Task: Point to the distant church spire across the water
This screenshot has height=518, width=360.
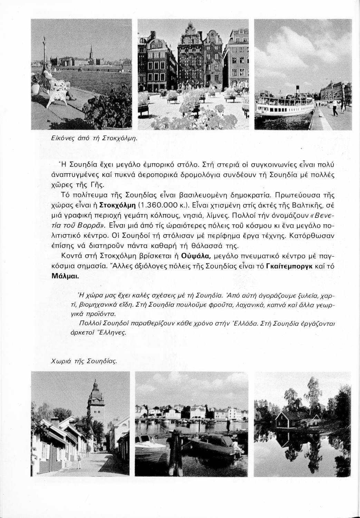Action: [91, 52]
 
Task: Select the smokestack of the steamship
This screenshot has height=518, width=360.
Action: [297, 90]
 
